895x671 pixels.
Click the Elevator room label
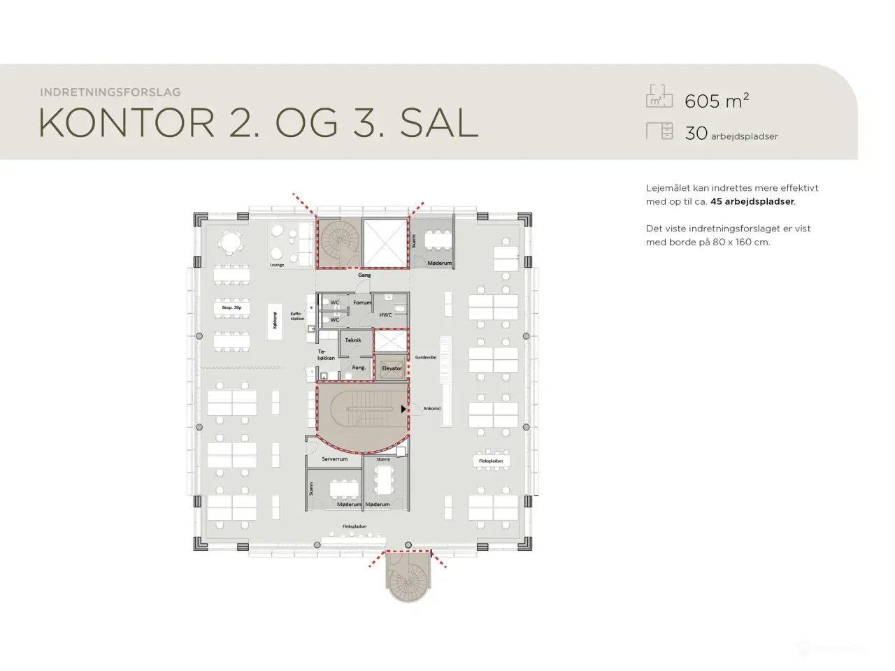click(x=392, y=368)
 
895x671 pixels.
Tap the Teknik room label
click(x=353, y=340)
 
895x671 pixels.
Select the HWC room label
click(x=385, y=315)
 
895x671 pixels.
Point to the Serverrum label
click(x=334, y=459)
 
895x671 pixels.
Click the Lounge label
click(x=277, y=265)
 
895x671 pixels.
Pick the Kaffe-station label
click(x=298, y=317)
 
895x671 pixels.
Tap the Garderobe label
click(x=425, y=357)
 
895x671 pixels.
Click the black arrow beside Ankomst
click(x=403, y=409)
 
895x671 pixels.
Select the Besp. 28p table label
click(x=231, y=308)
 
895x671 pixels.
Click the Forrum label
click(x=362, y=303)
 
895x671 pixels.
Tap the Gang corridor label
click(x=364, y=275)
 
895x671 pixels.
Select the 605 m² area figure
click(x=717, y=101)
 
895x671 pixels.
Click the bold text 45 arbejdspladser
click(x=752, y=201)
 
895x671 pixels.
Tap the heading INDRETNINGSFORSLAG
click(x=110, y=92)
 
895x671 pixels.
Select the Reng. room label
click(x=359, y=368)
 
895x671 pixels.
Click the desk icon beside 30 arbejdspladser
click(x=659, y=131)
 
